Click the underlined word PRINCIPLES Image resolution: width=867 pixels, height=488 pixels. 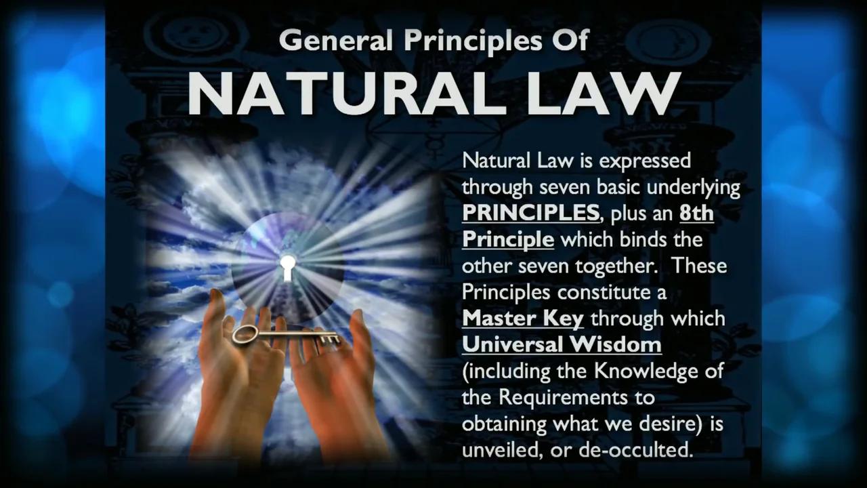[x=530, y=213]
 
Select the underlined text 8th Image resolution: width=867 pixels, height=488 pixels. [x=696, y=213]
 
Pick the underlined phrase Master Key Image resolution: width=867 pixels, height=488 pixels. [x=522, y=318]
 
